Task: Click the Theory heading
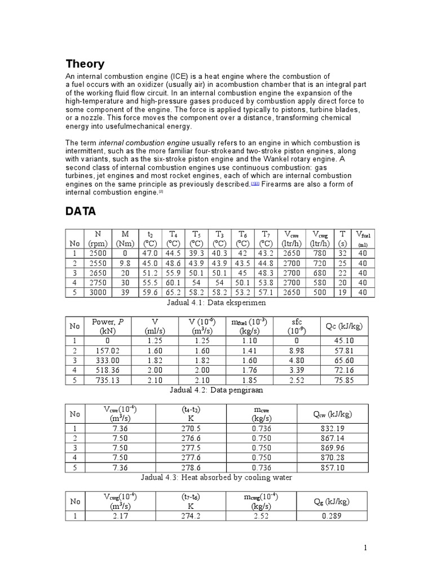pos(85,64)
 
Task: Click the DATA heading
pos(81,211)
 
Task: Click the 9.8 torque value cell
pos(125,263)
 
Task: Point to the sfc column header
pos(297,326)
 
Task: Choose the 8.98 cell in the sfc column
pos(297,349)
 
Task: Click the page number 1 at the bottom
pos(365,547)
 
